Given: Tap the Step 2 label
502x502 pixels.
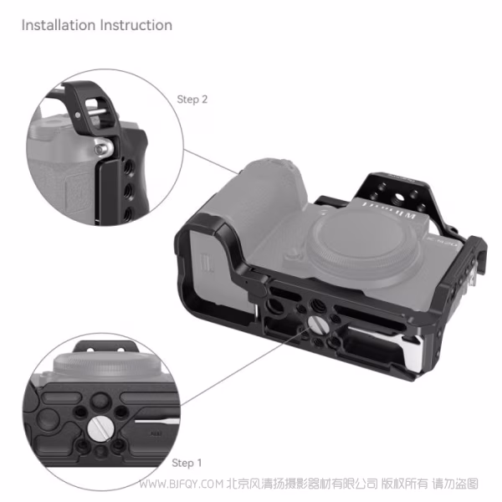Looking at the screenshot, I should coord(192,100).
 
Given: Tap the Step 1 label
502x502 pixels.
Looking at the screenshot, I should coord(187,463).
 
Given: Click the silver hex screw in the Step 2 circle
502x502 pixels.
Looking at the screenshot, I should coord(103,147).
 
